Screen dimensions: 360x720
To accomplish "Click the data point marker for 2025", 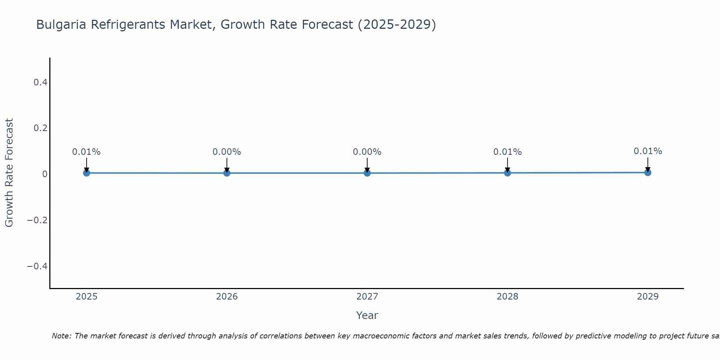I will [86, 173].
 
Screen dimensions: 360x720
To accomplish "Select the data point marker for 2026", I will [227, 173].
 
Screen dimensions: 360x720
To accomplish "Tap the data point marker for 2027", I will [367, 173].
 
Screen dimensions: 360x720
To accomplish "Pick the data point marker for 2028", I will [507, 173].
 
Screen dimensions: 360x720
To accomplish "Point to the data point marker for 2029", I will [648, 172].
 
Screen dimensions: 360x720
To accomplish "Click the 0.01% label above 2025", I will [86, 152].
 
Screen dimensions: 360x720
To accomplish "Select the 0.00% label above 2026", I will [227, 152].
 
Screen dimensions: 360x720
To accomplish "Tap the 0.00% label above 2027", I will [367, 152].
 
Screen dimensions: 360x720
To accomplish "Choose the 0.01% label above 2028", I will [507, 152].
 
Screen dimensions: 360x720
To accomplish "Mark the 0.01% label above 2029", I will [648, 151].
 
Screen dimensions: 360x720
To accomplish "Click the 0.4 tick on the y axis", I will [40, 82].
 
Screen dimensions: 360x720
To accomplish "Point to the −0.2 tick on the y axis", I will [37, 220].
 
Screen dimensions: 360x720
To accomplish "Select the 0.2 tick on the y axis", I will [40, 128].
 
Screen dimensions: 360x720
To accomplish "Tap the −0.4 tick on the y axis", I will [37, 266].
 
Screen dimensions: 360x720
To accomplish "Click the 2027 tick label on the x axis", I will [367, 297].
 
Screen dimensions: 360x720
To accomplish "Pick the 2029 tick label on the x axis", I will [648, 297].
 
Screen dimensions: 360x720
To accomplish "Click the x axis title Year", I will [367, 315].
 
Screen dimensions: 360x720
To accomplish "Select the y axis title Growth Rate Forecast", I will [9, 173].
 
